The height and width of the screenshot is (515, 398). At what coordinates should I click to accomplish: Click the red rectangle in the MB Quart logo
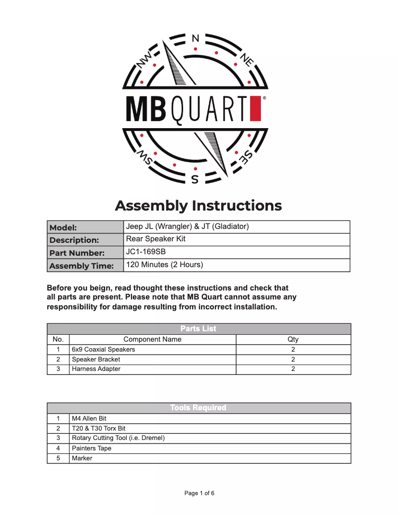click(256, 109)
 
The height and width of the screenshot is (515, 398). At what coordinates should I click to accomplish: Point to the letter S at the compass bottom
click(195, 179)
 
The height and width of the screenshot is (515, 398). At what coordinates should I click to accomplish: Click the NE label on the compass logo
click(247, 60)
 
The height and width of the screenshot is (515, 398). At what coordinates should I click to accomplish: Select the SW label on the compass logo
click(145, 157)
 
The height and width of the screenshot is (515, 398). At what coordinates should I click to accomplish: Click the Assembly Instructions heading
click(199, 206)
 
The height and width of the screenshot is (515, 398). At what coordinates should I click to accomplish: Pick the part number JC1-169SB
click(146, 252)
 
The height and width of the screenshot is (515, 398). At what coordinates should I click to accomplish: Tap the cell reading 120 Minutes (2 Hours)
click(165, 265)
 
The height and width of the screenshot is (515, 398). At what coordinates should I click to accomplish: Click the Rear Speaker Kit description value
click(156, 239)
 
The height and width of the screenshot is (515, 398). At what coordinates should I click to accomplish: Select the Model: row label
click(63, 228)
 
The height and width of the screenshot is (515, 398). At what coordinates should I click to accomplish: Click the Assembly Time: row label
click(81, 266)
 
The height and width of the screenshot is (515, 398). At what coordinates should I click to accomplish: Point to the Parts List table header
click(199, 329)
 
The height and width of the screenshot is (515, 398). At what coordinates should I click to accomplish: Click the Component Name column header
click(152, 340)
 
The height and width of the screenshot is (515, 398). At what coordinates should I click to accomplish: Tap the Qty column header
click(293, 340)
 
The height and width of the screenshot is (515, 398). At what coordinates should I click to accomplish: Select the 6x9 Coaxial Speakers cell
click(103, 350)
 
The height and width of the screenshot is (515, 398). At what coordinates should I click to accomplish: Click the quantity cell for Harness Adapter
click(293, 369)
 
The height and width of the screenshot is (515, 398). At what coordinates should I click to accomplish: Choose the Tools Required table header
click(199, 408)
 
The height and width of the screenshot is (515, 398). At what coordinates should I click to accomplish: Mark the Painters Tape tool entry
click(92, 448)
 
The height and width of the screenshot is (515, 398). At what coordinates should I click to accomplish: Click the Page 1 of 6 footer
click(199, 493)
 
